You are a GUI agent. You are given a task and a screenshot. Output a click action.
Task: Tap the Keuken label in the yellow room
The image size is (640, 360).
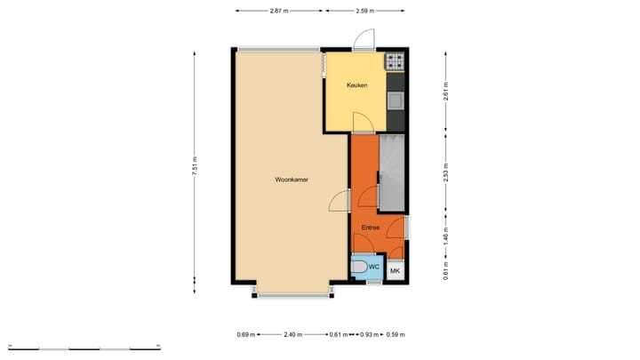pos(356,85)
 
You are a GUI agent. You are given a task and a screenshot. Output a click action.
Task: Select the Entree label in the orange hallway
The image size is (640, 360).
pos(371,228)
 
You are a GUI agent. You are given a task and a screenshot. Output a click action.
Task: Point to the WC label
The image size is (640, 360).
pos(374,266)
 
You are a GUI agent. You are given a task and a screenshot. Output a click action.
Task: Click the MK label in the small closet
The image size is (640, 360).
pos(396,270)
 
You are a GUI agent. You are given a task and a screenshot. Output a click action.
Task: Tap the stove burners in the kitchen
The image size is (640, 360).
pos(395,62)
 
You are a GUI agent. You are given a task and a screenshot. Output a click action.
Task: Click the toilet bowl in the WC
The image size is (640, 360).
pos(358,268)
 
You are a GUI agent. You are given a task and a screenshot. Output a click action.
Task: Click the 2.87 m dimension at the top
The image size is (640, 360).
pos(280,11)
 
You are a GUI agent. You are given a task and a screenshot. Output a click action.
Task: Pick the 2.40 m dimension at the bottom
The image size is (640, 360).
pos(292,335)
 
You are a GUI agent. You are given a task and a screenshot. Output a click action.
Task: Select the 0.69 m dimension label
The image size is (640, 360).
pos(245,335)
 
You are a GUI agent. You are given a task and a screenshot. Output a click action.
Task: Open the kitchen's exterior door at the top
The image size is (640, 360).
pos(364,40)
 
